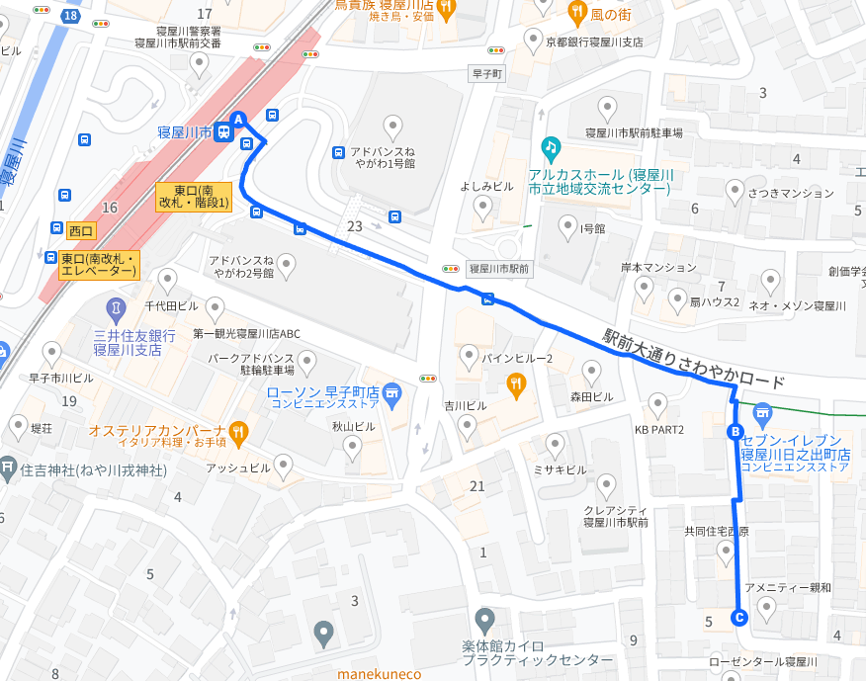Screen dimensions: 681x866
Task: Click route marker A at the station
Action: point(237,120)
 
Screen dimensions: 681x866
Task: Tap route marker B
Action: point(735,431)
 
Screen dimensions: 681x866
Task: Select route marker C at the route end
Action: point(737,618)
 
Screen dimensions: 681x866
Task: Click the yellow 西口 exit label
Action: point(80,230)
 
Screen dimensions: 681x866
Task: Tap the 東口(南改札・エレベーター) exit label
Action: point(98,264)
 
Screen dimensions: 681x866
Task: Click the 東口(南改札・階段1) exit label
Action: point(194,197)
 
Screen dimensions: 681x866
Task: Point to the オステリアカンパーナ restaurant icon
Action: point(237,431)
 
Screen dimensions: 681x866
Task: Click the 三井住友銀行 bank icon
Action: point(116,309)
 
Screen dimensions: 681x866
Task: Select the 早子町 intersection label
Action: point(487,74)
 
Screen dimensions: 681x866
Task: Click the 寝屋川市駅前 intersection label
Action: point(499,269)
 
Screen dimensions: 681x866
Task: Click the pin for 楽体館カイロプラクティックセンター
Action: point(484,622)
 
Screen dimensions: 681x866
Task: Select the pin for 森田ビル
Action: point(591,373)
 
